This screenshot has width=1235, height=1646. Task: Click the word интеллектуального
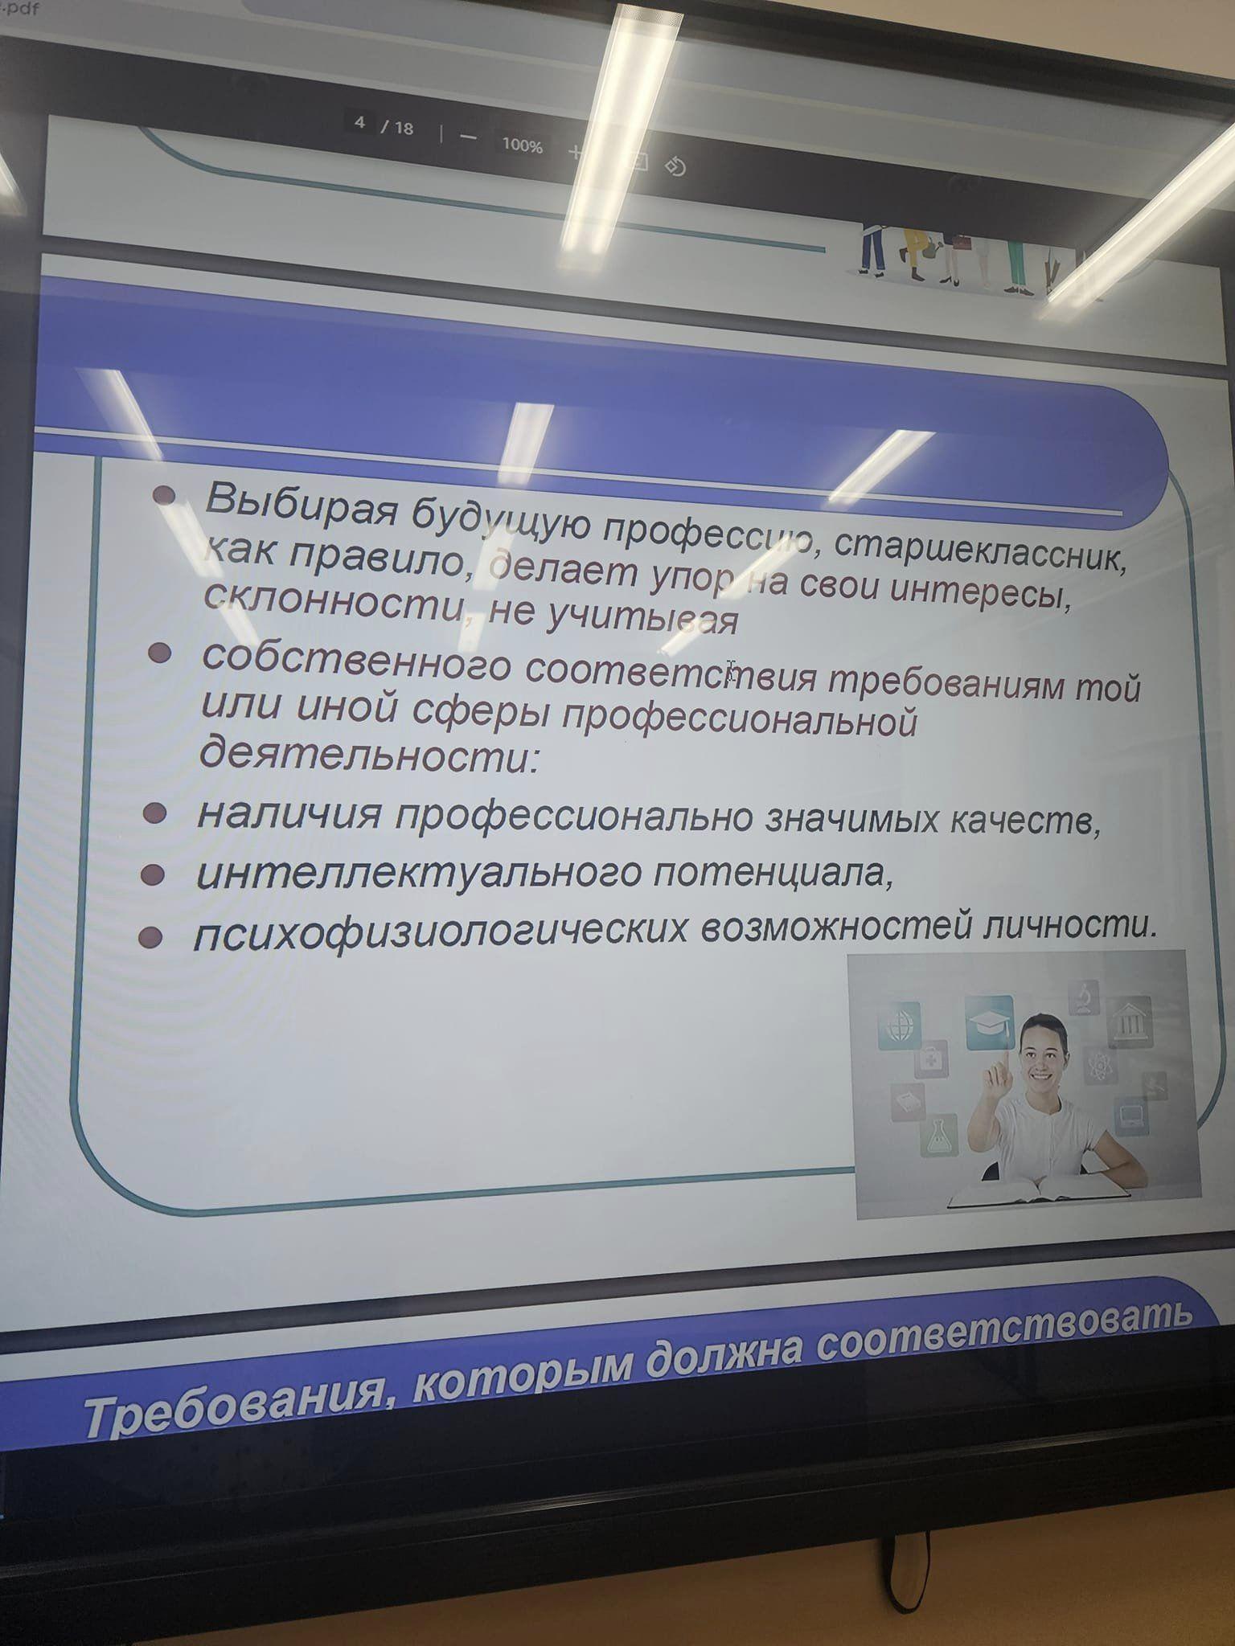[x=418, y=872]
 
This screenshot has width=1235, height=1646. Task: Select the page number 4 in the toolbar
[x=360, y=123]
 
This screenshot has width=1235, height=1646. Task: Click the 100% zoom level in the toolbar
[x=522, y=145]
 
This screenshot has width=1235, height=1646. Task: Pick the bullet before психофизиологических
[x=150, y=936]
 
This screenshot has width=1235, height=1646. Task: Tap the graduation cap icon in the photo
[x=989, y=1021]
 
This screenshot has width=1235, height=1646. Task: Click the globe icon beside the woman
[x=899, y=1025]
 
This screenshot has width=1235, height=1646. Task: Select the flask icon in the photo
[x=939, y=1134]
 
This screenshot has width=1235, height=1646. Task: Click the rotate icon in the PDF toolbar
[x=675, y=166]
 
